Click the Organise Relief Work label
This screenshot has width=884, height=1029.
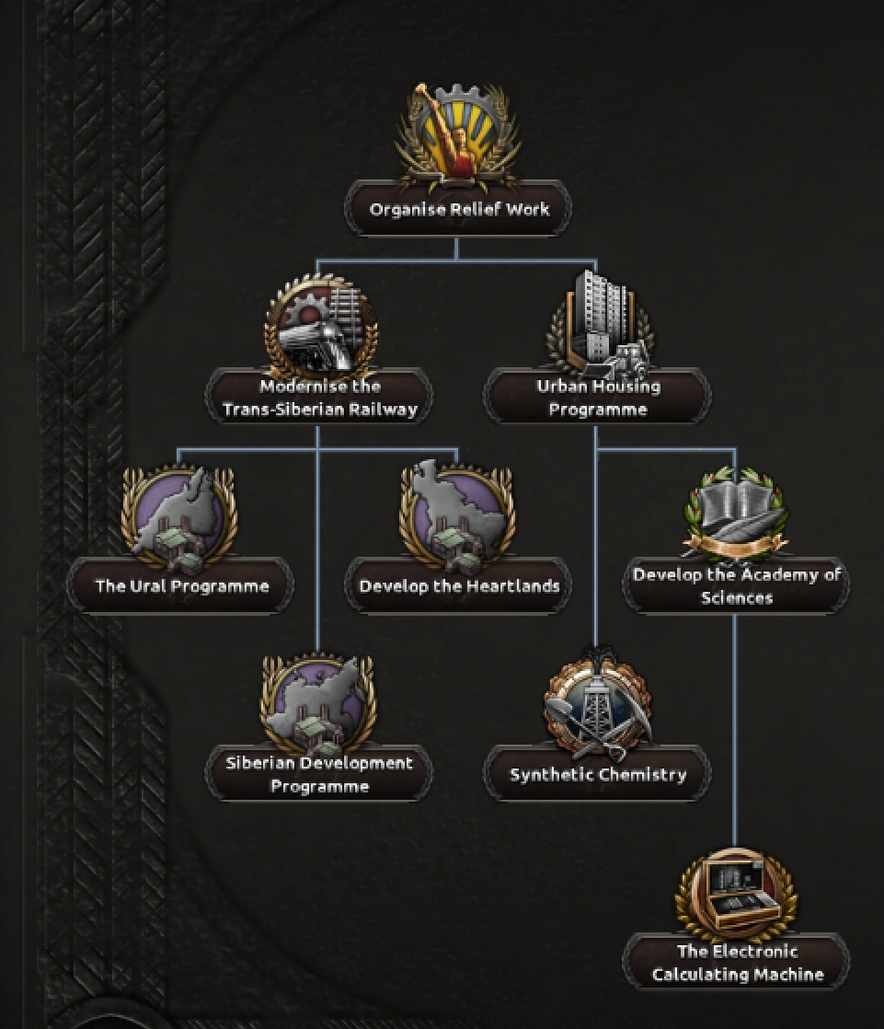[x=458, y=210]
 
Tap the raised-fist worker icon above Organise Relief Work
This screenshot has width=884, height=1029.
[x=457, y=134]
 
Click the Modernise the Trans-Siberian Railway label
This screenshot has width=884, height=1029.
[x=320, y=398]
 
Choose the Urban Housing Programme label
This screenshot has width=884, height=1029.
[x=598, y=398]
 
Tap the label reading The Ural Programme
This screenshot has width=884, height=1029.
[x=181, y=586]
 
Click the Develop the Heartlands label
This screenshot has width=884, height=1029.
[x=458, y=586]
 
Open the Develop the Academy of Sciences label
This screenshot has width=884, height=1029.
[x=736, y=586]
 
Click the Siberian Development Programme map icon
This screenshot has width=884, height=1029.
[x=318, y=701]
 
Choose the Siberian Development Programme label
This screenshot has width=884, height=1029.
[x=319, y=774]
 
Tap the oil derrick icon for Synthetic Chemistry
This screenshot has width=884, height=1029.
[x=598, y=704]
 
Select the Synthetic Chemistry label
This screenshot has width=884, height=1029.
[x=598, y=774]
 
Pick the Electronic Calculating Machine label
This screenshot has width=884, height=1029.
[x=737, y=963]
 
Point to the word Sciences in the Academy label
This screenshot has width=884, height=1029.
[x=736, y=598]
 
